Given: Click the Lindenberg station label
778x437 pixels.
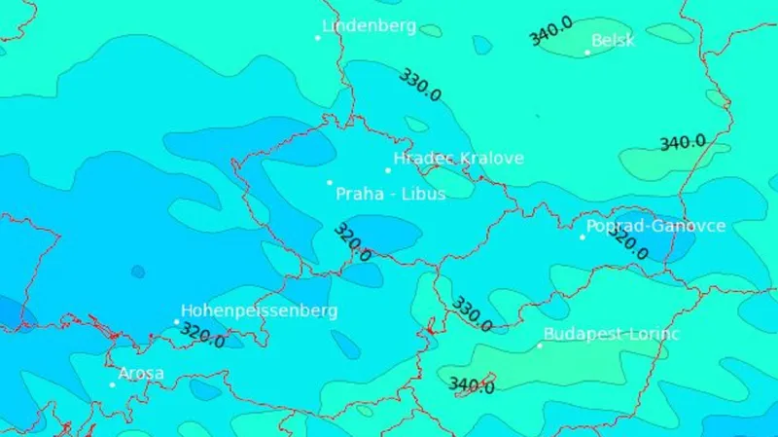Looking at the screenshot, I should pos(370,26).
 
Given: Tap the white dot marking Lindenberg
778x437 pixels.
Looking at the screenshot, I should pos(318,38).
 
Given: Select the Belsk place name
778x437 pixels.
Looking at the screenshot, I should pos(613,40).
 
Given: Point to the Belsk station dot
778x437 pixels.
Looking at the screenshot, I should pos(587,53).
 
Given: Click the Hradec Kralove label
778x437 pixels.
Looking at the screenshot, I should pos(458,158).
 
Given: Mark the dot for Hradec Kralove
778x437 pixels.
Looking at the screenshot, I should pos(388,170).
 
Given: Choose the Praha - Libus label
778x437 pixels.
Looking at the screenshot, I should pos(390,194).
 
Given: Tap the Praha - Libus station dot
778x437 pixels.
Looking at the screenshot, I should pos(330,182).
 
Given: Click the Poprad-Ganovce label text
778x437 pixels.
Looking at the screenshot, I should pos(655,226).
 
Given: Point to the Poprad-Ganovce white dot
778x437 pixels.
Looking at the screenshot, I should pos(583,237).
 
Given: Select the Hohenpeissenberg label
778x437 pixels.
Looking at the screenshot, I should pos(260,310).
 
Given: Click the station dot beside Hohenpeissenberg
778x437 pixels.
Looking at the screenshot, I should pos(177,322).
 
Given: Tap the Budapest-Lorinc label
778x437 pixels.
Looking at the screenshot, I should pos(612,334).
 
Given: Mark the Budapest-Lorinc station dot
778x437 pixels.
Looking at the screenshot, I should pos(541,346).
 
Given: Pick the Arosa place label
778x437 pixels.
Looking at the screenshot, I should pos(141,373).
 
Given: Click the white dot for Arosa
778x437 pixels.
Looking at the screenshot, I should pos(112,384).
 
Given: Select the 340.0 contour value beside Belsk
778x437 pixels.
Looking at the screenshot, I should pos(550,32).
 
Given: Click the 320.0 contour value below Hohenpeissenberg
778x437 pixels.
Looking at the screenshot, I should pos(202,336).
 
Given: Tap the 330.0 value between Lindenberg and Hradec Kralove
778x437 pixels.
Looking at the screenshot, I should pos(419,85).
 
